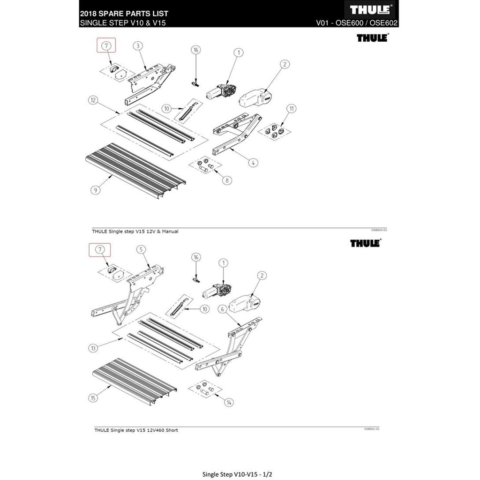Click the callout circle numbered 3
(138, 45)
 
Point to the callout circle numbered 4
(253, 163)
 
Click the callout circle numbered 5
(139, 250)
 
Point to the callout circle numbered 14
(229, 402)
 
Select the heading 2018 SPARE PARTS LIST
(124, 14)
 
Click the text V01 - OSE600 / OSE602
(357, 22)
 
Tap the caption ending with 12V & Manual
(135, 231)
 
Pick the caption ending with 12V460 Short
(136, 430)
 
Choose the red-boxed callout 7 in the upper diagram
(106, 46)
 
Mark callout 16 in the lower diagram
(196, 256)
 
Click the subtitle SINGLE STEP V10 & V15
(124, 22)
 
